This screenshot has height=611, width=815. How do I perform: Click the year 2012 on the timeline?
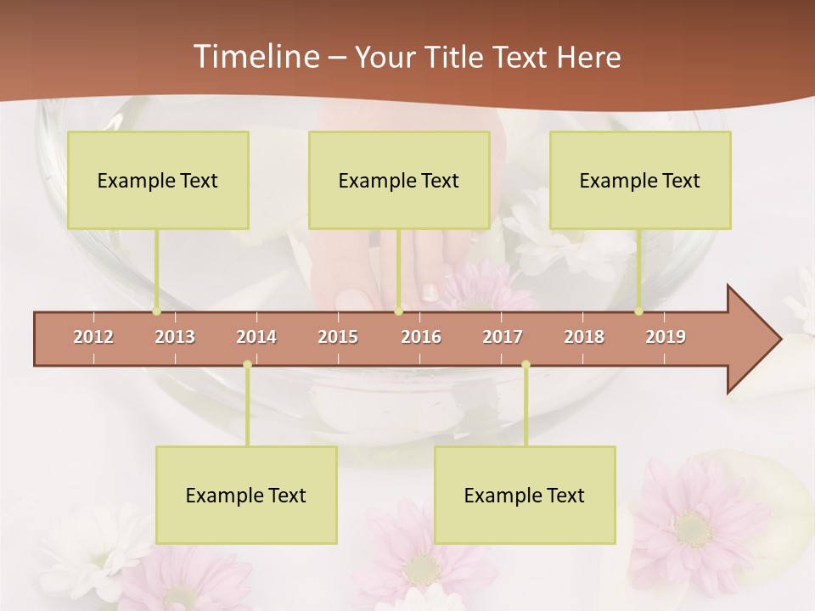coord(93,337)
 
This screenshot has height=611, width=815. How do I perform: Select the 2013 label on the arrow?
coord(175,337)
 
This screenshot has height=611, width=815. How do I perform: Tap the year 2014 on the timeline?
coord(256,337)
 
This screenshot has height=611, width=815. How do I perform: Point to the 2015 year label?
coord(338,337)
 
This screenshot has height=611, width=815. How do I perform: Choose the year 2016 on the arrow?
coord(421,337)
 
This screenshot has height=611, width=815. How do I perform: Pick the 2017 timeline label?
coord(503,337)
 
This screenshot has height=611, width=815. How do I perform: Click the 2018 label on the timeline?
coord(584,337)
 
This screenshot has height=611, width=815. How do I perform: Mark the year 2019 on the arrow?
coord(666,337)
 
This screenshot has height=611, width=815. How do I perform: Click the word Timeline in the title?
coord(256,57)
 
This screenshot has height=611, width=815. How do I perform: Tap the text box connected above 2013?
coord(158,180)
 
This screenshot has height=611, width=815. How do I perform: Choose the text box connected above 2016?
coord(399,180)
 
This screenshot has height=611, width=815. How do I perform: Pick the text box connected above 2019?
coord(640,180)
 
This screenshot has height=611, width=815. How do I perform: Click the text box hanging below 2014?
coord(246,495)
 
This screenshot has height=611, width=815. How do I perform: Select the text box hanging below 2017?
coord(525,495)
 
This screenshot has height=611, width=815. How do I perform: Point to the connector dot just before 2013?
coord(156,311)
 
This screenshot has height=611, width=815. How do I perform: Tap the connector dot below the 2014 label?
coord(247,365)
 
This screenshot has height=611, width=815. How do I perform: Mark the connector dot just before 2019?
coord(638,311)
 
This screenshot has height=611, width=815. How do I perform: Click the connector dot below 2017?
coord(526,365)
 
